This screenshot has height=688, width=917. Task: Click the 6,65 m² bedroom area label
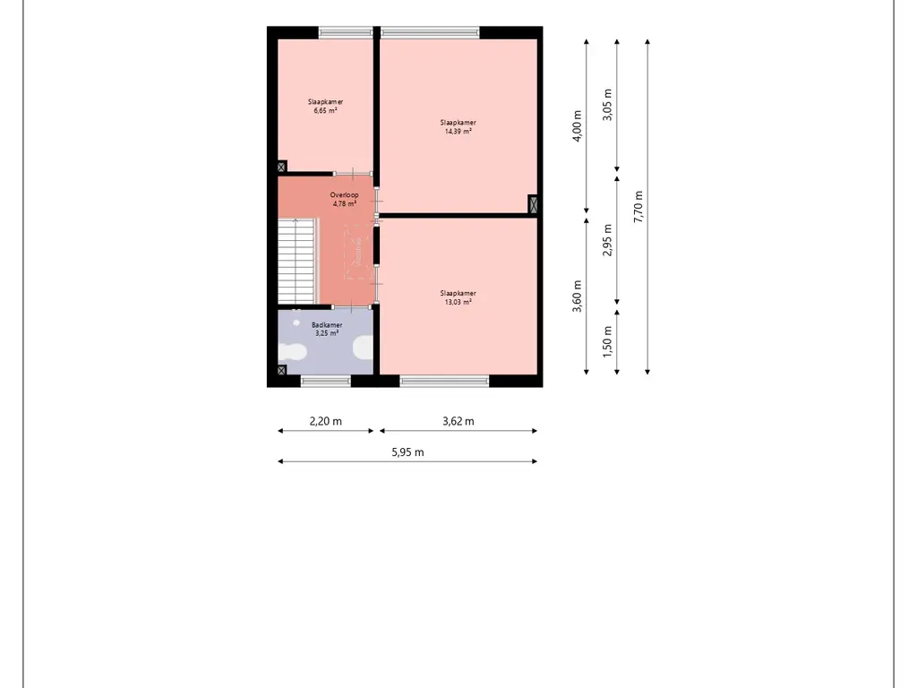[325, 107]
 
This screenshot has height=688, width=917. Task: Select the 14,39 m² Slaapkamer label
[458, 126]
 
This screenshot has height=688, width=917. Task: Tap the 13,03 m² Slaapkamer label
[458, 297]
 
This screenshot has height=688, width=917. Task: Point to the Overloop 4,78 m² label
[344, 199]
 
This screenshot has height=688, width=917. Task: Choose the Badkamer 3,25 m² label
[326, 329]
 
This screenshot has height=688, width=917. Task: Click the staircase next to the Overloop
[297, 262]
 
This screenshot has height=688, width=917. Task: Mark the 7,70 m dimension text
[638, 207]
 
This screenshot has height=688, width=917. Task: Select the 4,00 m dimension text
[578, 126]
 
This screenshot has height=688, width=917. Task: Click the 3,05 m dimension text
[608, 105]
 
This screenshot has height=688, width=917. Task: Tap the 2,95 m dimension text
[608, 240]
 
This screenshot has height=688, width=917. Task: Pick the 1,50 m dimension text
[608, 341]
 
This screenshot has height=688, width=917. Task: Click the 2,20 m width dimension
[325, 421]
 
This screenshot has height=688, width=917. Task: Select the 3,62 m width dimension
[458, 421]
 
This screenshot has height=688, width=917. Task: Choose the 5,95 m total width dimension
[407, 452]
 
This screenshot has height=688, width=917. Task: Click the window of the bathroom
[326, 381]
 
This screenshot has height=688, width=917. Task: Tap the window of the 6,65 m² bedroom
[345, 33]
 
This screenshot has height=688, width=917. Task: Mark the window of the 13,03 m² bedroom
[444, 381]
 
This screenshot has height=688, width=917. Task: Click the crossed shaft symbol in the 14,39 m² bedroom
[534, 204]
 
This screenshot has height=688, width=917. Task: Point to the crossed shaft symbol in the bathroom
[282, 369]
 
